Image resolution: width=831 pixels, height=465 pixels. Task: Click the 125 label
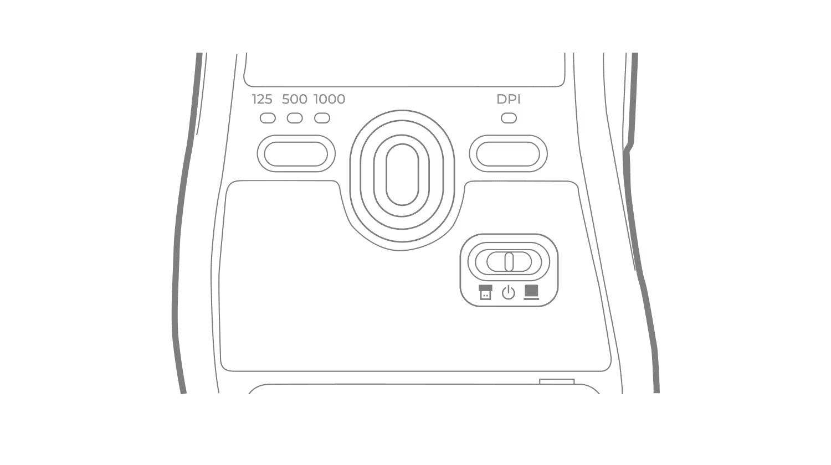click(x=262, y=99)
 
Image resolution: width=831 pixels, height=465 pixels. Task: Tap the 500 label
click(x=295, y=99)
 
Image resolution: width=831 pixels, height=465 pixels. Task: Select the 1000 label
click(x=330, y=99)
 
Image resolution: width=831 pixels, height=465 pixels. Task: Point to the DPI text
click(x=509, y=99)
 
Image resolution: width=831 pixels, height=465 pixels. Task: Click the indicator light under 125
click(x=268, y=118)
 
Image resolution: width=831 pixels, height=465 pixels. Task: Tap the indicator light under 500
click(x=295, y=118)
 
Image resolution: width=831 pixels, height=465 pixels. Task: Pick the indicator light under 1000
click(x=322, y=118)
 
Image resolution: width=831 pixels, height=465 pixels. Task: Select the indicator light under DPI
click(x=509, y=118)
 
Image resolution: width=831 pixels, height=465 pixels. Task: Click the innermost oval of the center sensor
click(x=402, y=174)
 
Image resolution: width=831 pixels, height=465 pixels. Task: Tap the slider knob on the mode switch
click(x=509, y=262)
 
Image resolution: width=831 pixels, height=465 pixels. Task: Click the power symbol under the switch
click(x=509, y=293)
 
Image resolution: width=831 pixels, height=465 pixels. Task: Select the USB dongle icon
click(x=486, y=292)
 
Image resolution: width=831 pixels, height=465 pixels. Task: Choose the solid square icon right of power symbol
click(x=532, y=292)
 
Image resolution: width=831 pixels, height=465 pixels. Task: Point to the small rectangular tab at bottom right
click(x=557, y=381)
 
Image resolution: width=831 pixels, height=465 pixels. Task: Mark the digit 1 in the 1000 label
click(x=316, y=99)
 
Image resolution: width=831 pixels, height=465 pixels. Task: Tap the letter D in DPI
click(x=501, y=99)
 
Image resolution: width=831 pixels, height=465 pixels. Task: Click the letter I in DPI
click(x=519, y=99)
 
